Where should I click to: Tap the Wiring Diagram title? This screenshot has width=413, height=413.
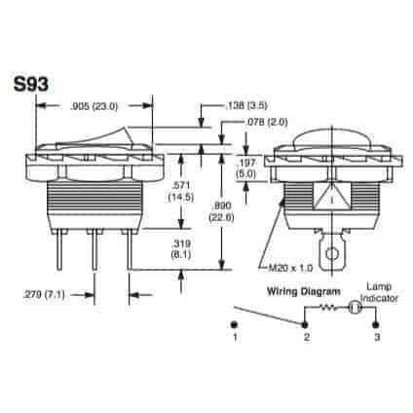(x=302, y=291)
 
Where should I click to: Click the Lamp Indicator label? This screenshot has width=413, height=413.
(x=377, y=290)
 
